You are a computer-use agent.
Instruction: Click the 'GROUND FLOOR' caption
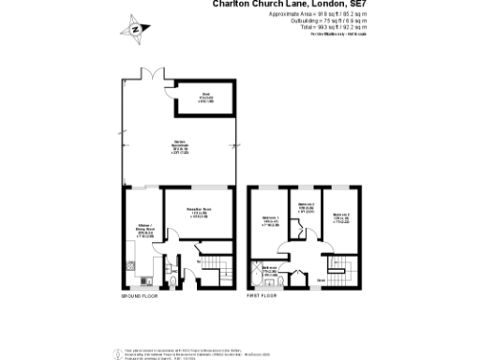click(x=140, y=297)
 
